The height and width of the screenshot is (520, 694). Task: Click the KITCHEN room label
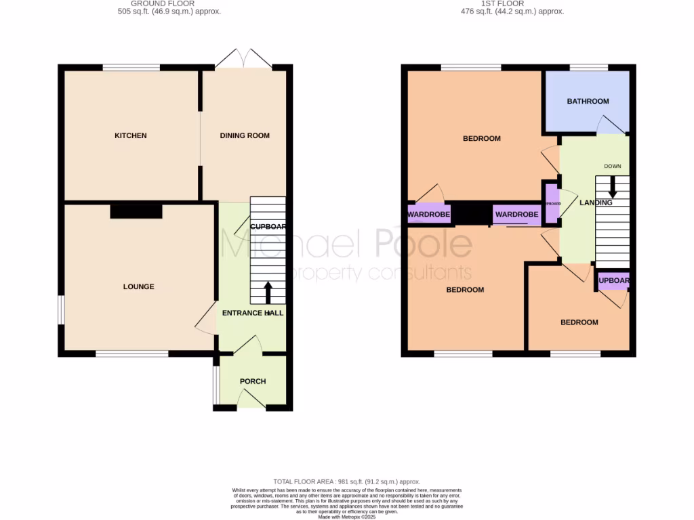[130, 136]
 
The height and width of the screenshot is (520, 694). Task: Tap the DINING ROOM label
[245, 136]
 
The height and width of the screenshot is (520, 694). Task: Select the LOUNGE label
[138, 287]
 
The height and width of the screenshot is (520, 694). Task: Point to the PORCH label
[253, 381]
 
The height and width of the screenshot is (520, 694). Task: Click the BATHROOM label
[588, 102]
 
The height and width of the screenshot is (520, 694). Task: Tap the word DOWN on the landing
[612, 166]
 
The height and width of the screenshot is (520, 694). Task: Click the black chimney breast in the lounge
[136, 212]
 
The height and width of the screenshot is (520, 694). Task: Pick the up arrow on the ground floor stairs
[267, 292]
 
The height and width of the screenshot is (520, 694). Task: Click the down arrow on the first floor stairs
[612, 188]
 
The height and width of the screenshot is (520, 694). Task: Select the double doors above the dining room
[244, 59]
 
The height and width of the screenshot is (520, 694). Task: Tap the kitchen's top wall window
[131, 67]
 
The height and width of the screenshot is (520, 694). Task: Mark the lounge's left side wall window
[60, 309]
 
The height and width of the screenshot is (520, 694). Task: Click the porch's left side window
[216, 384]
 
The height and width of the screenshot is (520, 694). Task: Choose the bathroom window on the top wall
[588, 67]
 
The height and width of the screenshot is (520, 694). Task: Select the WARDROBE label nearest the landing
[516, 215]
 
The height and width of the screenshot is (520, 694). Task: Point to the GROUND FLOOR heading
[159, 3]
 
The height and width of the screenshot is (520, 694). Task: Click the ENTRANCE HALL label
[254, 313]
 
